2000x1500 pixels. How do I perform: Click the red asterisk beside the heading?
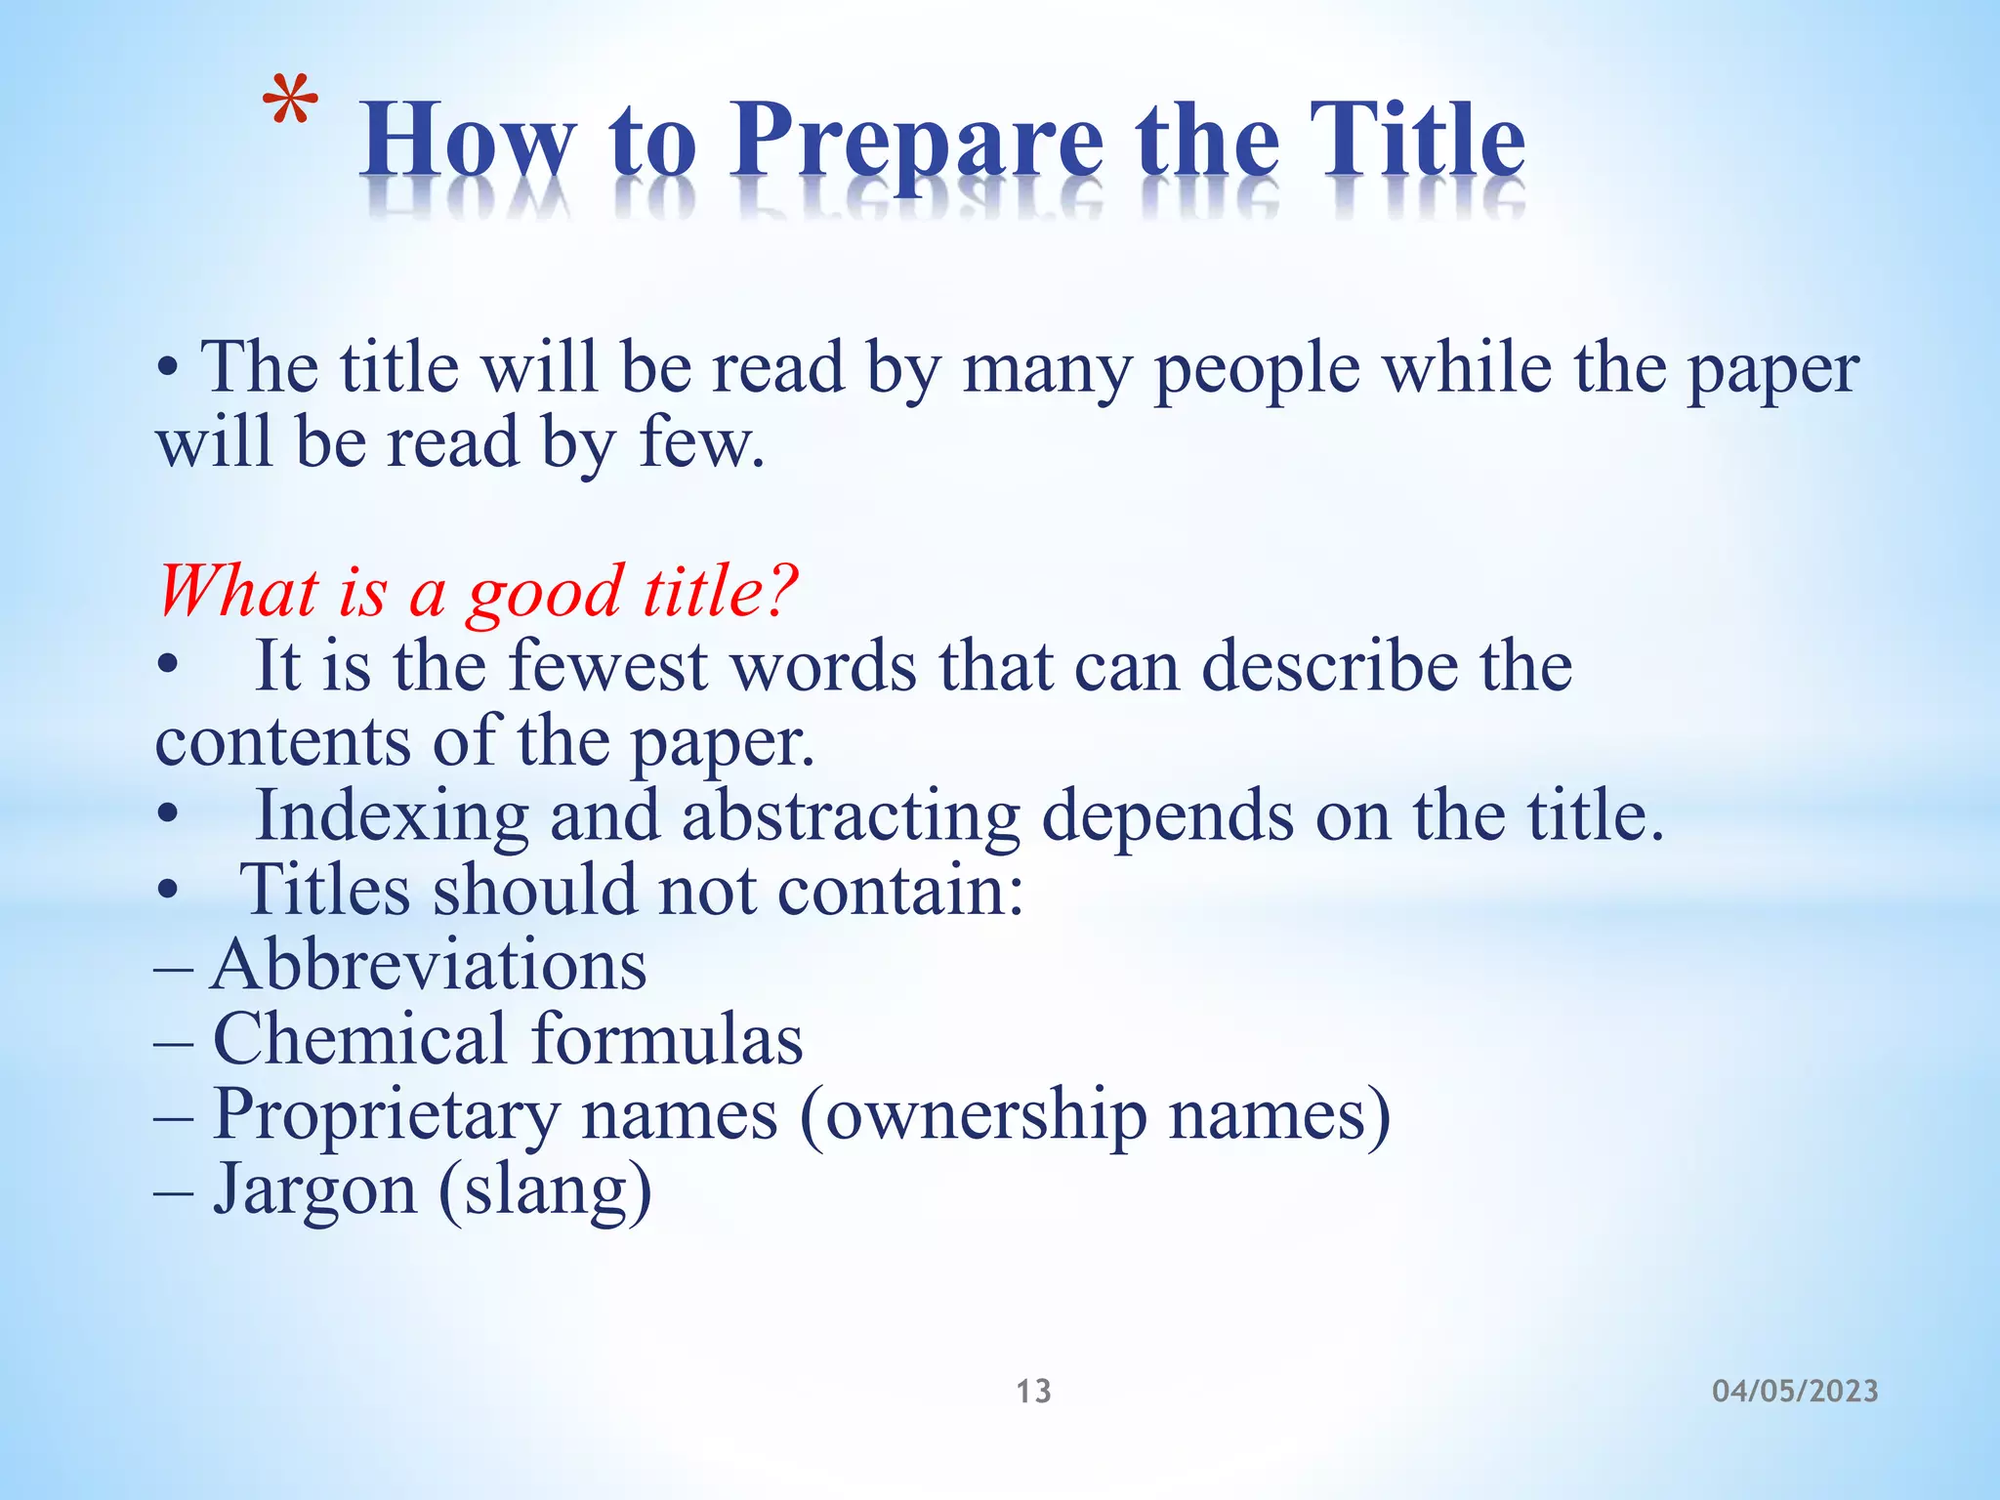click(292, 104)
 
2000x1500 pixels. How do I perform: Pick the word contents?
click(283, 741)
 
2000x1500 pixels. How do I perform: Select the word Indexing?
click(391, 815)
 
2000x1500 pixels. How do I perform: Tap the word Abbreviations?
click(429, 965)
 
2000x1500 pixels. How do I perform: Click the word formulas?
click(668, 1038)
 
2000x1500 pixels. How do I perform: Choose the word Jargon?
click(314, 1190)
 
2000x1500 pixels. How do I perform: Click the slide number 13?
click(1033, 1391)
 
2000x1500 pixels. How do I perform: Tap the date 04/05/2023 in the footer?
click(1795, 1391)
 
